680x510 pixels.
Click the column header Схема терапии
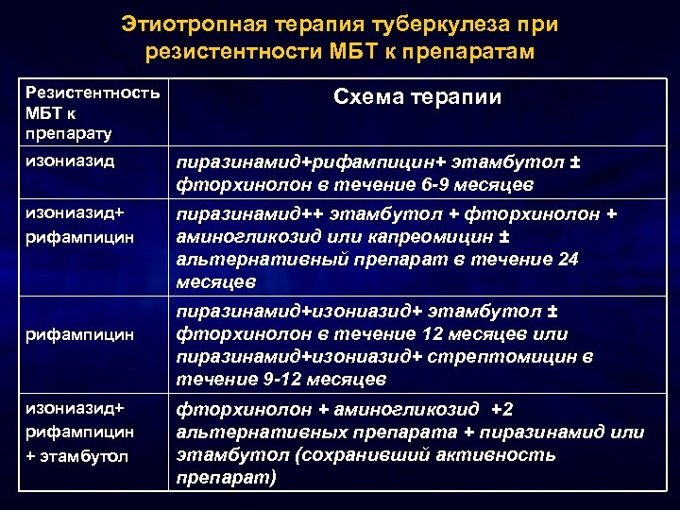click(x=416, y=97)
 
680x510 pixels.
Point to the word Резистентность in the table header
click(x=93, y=93)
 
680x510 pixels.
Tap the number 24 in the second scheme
click(x=593, y=259)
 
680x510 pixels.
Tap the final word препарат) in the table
click(x=227, y=478)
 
